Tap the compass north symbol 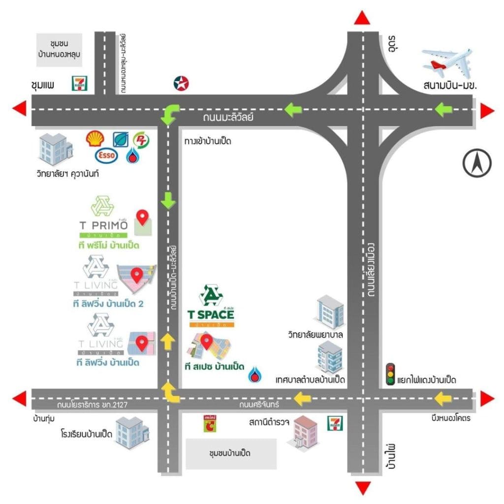pos(477,164)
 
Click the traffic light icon pos(391,375)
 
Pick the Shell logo pos(94,139)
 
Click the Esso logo pos(106,156)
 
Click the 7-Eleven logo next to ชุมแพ pos(79,83)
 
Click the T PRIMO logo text pos(104,225)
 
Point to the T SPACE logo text pos(211,314)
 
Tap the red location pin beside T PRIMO pos(143,217)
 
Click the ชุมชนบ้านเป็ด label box pos(231,453)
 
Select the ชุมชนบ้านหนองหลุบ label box pos(60,50)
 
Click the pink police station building pos(304,432)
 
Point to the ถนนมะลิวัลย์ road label pos(228,118)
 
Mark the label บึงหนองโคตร pos(450,419)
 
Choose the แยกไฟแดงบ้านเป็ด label pos(429,380)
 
